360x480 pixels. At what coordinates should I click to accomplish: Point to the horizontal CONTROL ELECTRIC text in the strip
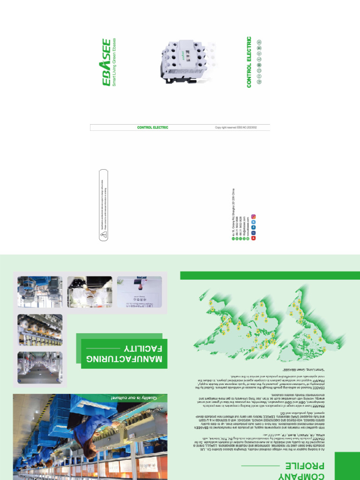click(152, 127)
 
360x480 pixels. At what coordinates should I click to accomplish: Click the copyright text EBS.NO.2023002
click(236, 127)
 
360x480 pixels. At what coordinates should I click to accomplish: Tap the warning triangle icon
click(103, 233)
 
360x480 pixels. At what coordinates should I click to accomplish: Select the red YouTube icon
click(254, 239)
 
